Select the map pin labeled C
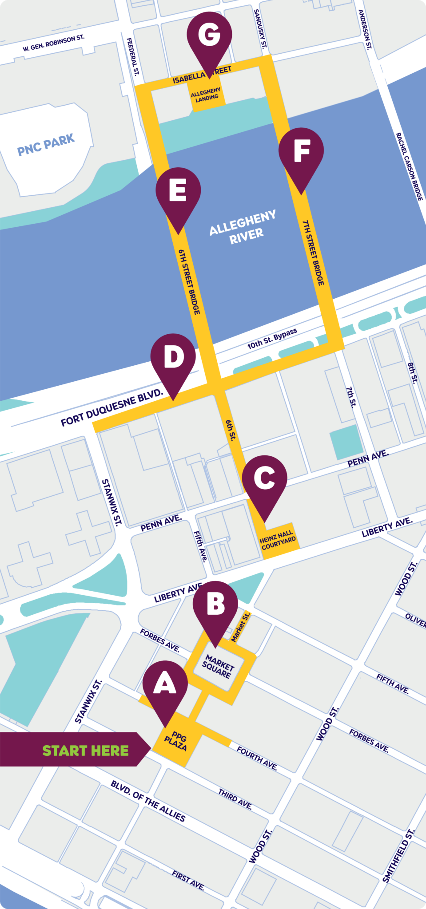[x=264, y=479]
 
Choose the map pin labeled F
[x=301, y=152]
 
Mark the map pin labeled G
[x=209, y=36]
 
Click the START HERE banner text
[x=85, y=751]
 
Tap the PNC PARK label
[x=46, y=145]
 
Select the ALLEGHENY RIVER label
[x=243, y=226]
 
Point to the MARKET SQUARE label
[x=218, y=667]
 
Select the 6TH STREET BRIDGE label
[x=189, y=281]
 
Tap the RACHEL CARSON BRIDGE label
[x=410, y=166]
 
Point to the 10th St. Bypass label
[x=272, y=339]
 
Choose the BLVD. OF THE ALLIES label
[x=148, y=801]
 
